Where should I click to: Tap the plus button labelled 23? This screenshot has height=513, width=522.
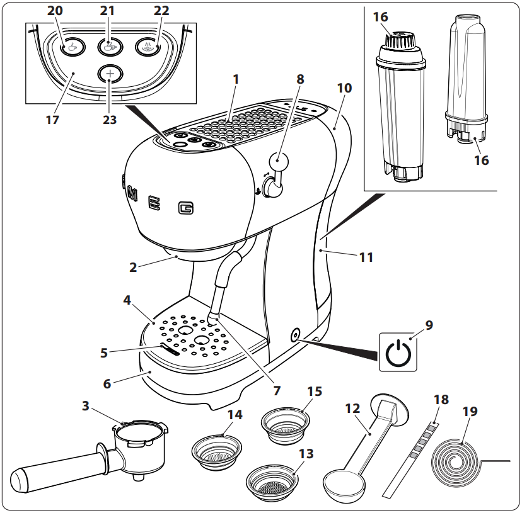110,74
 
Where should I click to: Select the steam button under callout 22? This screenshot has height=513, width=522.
147,46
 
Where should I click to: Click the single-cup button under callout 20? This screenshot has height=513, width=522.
72,47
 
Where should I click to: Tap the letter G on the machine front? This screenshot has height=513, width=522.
185,207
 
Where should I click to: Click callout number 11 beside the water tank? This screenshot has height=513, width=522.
366,257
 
